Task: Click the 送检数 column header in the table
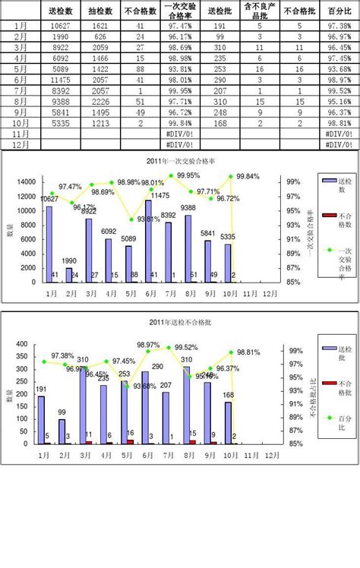[x=59, y=12]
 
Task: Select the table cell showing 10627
[x=59, y=26]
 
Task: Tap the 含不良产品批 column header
[x=260, y=12]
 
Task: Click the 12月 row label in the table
[x=22, y=144]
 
